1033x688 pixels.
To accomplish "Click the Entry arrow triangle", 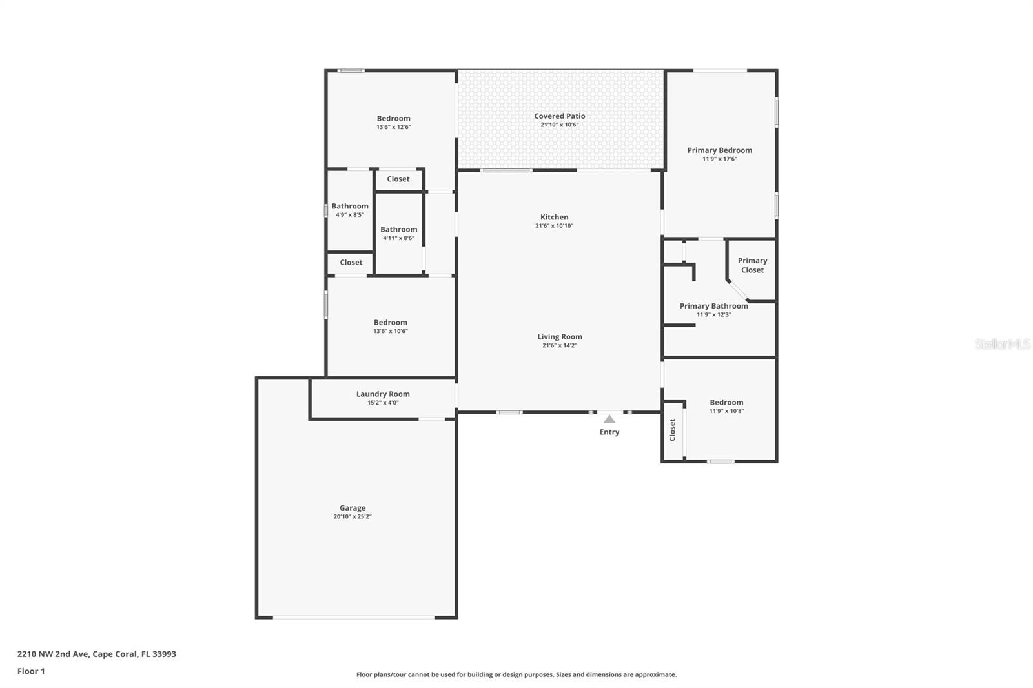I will [x=609, y=420].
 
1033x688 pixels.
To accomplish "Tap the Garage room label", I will [x=353, y=508].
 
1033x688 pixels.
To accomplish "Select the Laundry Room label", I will [x=383, y=394].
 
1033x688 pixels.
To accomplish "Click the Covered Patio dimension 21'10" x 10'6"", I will [x=559, y=125].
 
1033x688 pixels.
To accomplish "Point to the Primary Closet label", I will [x=752, y=265].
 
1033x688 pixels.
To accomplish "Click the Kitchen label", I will [x=554, y=218].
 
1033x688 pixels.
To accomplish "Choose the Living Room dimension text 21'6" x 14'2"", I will [x=559, y=346].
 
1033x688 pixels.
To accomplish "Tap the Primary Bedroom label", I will [x=719, y=150].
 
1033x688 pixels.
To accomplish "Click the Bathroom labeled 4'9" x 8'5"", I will [x=350, y=207].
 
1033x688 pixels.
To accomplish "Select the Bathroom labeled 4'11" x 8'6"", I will [x=398, y=230].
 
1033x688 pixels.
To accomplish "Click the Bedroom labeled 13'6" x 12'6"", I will [x=393, y=119].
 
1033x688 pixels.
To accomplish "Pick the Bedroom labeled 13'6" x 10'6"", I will [x=390, y=323].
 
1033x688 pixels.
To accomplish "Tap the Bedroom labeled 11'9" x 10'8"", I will [x=726, y=403].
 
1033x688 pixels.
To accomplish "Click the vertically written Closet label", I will [x=672, y=430].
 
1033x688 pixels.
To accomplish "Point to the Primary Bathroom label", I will [x=713, y=307].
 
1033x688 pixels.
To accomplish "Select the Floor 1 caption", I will [x=31, y=671].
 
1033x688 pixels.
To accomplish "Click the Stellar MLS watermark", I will [x=1002, y=345].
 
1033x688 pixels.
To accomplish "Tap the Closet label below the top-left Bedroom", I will [x=398, y=179].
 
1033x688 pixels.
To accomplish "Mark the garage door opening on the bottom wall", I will [x=354, y=618].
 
